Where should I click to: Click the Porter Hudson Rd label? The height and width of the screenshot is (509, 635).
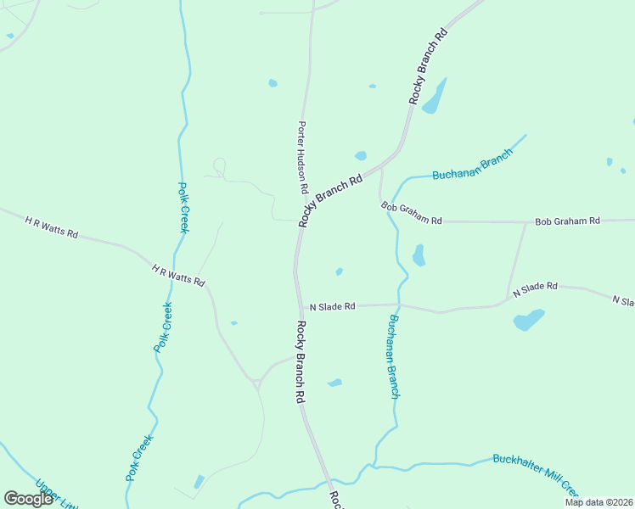301,158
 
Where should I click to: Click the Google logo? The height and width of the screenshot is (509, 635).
29,499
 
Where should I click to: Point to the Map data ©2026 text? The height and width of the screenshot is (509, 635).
598,501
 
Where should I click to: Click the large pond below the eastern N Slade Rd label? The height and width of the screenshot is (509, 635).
528,320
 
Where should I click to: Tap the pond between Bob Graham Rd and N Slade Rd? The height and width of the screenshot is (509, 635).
419,255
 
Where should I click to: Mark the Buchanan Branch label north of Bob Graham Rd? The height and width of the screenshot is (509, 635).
473,165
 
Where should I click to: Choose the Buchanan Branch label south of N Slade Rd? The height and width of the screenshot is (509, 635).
394,356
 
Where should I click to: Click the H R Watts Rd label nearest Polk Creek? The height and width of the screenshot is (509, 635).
178,275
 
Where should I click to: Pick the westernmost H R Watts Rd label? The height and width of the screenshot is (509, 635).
51,227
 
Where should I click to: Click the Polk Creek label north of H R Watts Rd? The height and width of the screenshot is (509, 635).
183,207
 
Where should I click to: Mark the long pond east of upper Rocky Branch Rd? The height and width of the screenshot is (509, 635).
435,98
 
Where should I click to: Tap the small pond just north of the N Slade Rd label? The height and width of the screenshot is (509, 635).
339,272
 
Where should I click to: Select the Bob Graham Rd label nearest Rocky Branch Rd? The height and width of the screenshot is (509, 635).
412,213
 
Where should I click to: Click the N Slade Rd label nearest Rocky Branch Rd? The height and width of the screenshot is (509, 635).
332,306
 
